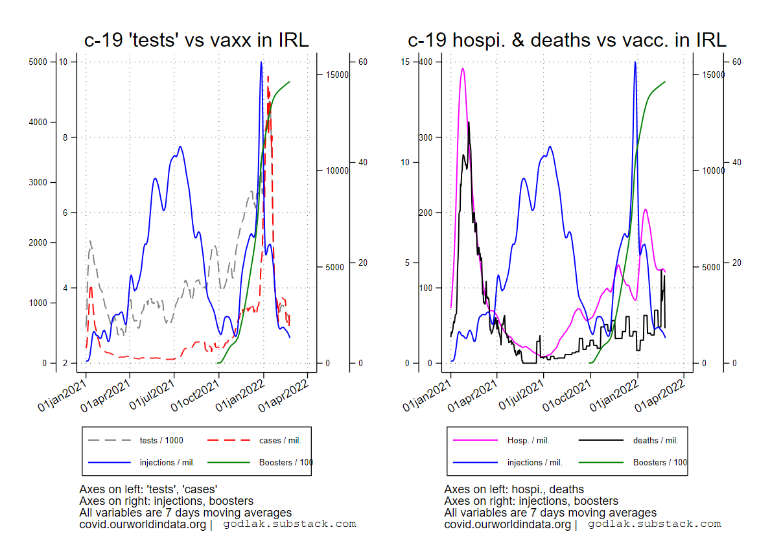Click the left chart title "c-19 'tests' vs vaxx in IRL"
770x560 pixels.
pos(196,40)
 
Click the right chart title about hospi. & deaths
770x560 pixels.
pos(566,40)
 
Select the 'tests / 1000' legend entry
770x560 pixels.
pos(161,441)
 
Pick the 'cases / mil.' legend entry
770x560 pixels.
pos(280,441)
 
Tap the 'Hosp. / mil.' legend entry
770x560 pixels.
pos(528,441)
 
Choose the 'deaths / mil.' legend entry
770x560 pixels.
pos(655,441)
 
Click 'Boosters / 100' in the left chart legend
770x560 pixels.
pos(286,463)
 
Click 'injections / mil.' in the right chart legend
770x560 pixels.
pos(535,463)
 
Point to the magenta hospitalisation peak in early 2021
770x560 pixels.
pos(463,69)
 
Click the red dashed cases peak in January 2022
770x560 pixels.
pos(268,76)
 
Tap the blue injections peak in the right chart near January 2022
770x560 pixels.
pos(635,63)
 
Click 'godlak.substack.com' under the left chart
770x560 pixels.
pos(290,524)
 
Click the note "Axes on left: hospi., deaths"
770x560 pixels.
pos(514,489)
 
